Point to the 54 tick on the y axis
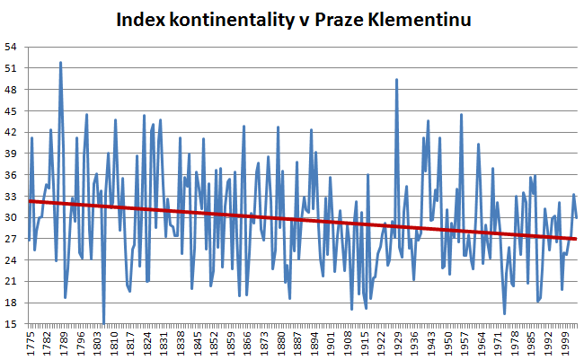click(11, 47)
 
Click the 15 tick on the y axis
click(11, 324)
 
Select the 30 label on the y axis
click(11, 217)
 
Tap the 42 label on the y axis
click(11, 132)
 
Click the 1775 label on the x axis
click(31, 342)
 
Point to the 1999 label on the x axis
click(567, 342)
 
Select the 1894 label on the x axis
click(315, 342)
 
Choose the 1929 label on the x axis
click(399, 342)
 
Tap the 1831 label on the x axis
click(164, 342)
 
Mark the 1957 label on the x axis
click(466, 342)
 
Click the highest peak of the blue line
click(60, 62)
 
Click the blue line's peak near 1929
click(396, 79)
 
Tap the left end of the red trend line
click(29, 201)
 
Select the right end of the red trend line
click(576, 239)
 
